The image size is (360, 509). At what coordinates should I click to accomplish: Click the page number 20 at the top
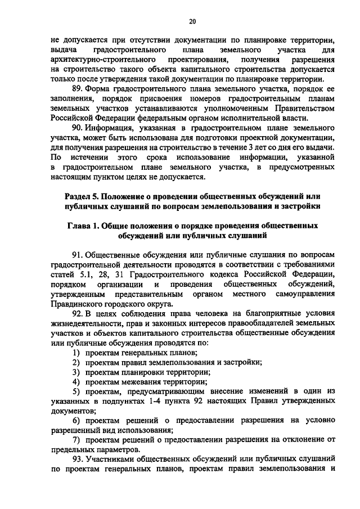192,21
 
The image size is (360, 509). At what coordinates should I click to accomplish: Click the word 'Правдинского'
76,303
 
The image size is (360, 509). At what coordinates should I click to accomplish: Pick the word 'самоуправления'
305,294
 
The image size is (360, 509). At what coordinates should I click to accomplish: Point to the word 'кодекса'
217,274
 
